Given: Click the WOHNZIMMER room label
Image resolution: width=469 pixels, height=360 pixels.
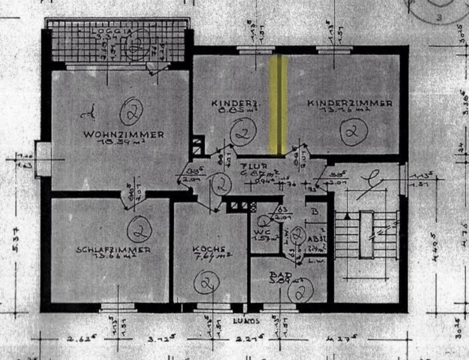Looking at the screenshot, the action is click(124, 134).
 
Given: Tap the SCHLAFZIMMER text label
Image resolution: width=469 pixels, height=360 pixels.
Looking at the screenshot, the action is click(113, 250).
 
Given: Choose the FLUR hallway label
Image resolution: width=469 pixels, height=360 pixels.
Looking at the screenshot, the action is click(257, 165).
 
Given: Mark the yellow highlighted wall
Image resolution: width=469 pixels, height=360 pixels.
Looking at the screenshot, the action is click(278, 103).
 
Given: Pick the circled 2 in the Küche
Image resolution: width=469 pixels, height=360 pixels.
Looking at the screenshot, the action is click(205, 284).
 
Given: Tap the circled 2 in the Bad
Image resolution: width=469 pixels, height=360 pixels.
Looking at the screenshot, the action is click(300, 292).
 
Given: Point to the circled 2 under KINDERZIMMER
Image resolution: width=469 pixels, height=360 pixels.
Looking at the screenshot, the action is click(350, 131).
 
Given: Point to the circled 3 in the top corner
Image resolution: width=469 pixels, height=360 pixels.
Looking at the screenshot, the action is click(440, 18).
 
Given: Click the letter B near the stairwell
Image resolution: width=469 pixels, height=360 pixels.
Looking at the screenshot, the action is click(315, 210).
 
